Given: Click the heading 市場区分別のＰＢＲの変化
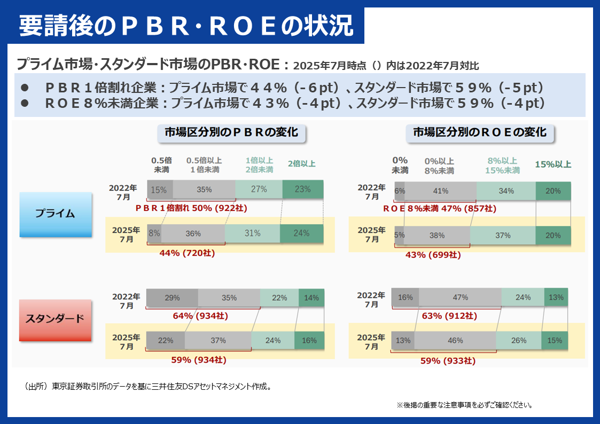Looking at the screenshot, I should pyautogui.click(x=231, y=132).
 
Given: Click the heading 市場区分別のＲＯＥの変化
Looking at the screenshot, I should pyautogui.click(x=480, y=132).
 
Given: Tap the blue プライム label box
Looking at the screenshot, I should pyautogui.click(x=55, y=214).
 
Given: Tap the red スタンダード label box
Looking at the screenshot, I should pyautogui.click(x=55, y=319).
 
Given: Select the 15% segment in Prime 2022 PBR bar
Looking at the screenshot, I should pyautogui.click(x=159, y=190).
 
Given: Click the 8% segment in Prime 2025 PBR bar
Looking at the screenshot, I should pyautogui.click(x=154, y=233).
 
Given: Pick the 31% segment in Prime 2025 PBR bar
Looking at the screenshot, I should pyautogui.click(x=252, y=233).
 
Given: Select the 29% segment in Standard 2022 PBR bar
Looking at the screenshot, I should pyautogui.click(x=172, y=297).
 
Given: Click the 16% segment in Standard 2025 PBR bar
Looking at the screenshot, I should pyautogui.click(x=309, y=340).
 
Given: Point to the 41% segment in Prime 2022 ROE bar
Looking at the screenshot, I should pyautogui.click(x=441, y=191).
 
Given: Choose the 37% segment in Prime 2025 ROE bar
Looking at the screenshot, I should pyautogui.click(x=503, y=235).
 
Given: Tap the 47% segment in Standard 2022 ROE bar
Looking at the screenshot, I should pyautogui.click(x=460, y=297).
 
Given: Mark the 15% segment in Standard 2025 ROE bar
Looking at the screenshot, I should pyautogui.click(x=555, y=340).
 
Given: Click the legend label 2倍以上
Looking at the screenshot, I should pyautogui.click(x=301, y=164).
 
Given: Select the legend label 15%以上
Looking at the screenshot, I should pyautogui.click(x=552, y=164).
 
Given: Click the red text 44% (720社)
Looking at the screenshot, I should pyautogui.click(x=187, y=253).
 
